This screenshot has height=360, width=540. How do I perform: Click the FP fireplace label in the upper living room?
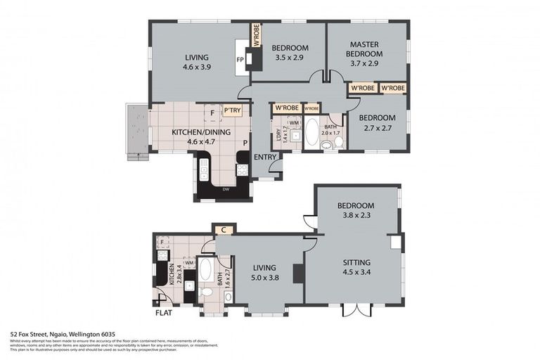[x=240, y=60]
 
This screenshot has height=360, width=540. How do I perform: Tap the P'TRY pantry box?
[x=231, y=110]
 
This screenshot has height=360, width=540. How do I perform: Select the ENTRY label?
[x=265, y=157]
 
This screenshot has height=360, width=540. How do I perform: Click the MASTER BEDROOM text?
[x=366, y=49]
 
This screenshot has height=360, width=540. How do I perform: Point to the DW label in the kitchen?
[x=224, y=189]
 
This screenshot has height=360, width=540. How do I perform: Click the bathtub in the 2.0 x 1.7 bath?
[x=311, y=131]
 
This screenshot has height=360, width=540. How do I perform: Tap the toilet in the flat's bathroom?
[x=206, y=291]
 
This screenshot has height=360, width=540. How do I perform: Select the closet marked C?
[x=223, y=229]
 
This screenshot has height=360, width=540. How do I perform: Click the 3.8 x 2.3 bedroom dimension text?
[x=355, y=215]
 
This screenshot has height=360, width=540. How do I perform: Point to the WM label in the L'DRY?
[x=292, y=123]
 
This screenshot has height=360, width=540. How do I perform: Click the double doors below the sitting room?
[x=355, y=310]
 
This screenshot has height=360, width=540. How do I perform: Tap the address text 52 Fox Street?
[x=62, y=334]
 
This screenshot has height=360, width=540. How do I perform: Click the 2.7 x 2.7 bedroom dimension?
[x=378, y=127]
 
